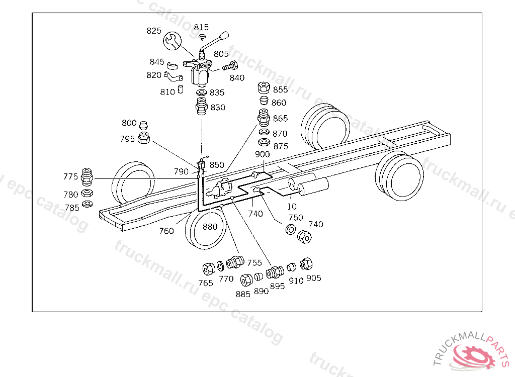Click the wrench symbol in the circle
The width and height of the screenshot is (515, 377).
[172, 41]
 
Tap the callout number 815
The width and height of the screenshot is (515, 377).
[201, 27]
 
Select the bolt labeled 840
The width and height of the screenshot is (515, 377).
[230, 66]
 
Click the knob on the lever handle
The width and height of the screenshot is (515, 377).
[224, 35]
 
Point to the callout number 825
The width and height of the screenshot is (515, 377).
[154, 31]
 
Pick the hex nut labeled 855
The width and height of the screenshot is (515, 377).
[264, 87]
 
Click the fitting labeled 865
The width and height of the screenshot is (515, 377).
[264, 118]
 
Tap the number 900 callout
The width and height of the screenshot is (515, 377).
[262, 154]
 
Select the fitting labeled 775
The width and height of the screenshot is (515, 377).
[87, 177]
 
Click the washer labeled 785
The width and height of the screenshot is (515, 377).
[87, 204]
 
